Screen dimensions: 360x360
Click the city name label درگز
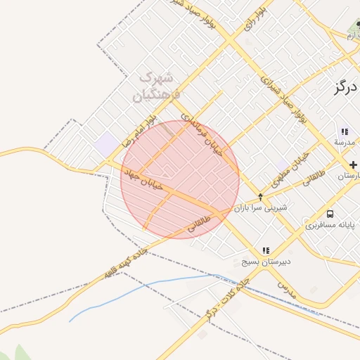345,88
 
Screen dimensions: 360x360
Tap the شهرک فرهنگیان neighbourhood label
157,85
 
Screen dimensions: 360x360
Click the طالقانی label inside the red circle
200,224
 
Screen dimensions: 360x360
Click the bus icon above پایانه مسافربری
330,214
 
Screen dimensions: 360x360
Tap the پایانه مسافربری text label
330,226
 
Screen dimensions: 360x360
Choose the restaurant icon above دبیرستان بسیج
266,250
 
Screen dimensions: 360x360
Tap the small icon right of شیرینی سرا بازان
260,197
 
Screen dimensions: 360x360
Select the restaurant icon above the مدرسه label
345,131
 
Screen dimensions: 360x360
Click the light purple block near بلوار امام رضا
108,146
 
